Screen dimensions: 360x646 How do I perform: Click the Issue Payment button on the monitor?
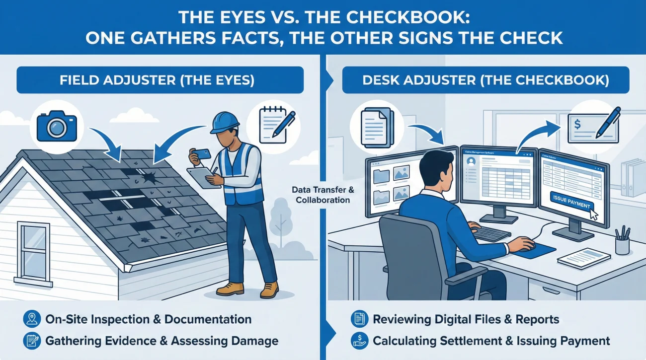click(x=571, y=206)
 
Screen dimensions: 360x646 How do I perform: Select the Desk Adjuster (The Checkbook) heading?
click(x=485, y=81)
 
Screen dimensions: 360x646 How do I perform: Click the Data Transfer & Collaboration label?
click(x=321, y=195)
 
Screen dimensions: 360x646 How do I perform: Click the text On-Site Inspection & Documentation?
click(x=148, y=319)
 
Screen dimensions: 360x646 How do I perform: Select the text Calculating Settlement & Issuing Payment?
click(x=491, y=341)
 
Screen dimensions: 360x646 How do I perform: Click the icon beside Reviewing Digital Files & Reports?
click(x=358, y=319)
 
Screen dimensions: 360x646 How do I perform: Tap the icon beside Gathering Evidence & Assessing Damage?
click(x=31, y=341)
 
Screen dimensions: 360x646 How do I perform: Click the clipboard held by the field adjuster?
click(x=204, y=177)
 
